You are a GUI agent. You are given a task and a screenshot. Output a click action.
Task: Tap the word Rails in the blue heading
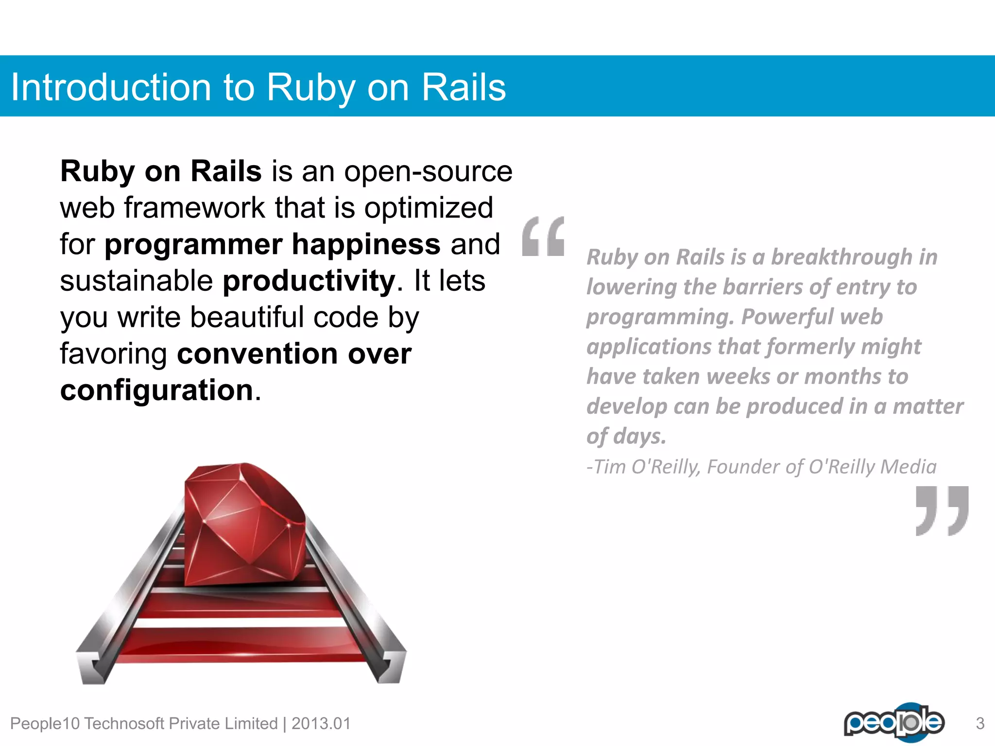pyautogui.click(x=463, y=87)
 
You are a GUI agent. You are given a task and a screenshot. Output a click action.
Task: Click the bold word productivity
pyautogui.click(x=309, y=281)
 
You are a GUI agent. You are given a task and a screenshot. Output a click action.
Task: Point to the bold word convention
pyautogui.click(x=257, y=354)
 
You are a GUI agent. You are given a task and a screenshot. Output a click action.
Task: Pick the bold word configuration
pyautogui.click(x=156, y=390)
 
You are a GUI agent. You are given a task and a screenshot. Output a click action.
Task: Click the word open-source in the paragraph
pyautogui.click(x=428, y=171)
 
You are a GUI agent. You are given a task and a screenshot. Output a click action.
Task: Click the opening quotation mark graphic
pyautogui.click(x=543, y=237)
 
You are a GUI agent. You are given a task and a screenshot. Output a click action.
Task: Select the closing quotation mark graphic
pyautogui.click(x=942, y=510)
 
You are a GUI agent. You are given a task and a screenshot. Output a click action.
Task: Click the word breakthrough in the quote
pyautogui.click(x=841, y=257)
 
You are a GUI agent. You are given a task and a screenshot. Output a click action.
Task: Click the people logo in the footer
pyautogui.click(x=894, y=722)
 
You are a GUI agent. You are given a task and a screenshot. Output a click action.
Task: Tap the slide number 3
pyautogui.click(x=980, y=724)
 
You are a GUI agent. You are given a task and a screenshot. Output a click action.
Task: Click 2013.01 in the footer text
pyautogui.click(x=321, y=724)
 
